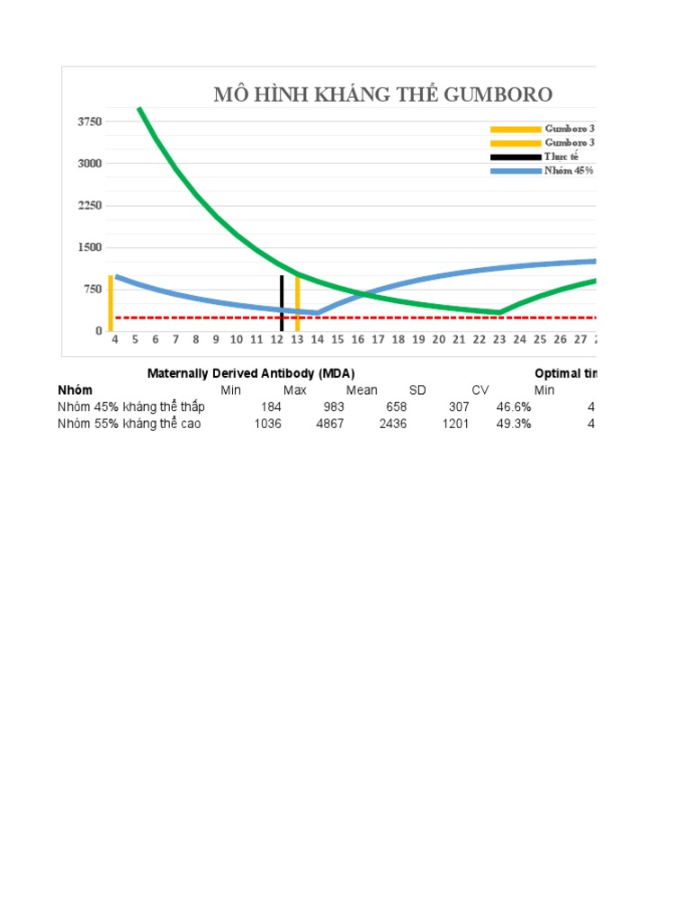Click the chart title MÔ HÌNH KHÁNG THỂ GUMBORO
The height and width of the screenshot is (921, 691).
[382, 95]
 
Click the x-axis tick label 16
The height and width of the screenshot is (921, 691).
[357, 339]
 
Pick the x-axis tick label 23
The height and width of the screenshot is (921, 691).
[499, 339]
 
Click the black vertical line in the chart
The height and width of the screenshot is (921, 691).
[282, 303]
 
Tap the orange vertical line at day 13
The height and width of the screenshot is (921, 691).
[297, 303]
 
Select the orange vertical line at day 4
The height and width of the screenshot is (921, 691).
[111, 303]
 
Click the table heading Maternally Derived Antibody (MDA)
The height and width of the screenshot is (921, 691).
[245, 373]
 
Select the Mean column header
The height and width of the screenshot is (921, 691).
[362, 390]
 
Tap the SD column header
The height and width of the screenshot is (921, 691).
[417, 390]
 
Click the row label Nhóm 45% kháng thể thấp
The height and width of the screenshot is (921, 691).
[131, 407]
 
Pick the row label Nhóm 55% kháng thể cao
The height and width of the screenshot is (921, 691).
[130, 425]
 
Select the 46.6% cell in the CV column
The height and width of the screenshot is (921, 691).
[514, 407]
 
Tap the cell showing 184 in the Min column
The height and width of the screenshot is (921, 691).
[270, 407]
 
